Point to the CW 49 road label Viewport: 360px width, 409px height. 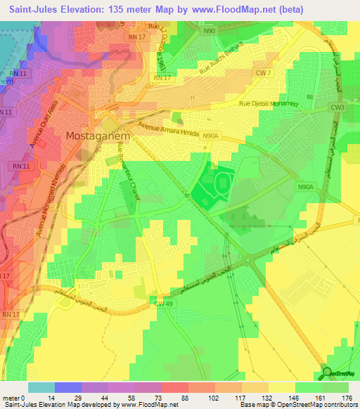click(x=163, y=302)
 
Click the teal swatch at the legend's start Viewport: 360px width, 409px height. click(x=41, y=387)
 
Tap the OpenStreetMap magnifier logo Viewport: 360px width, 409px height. click(x=328, y=372)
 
